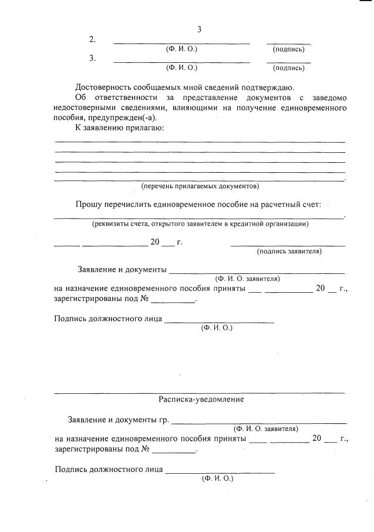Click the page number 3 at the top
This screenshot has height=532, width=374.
pos(199,29)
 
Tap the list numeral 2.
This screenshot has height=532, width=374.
pos(92,39)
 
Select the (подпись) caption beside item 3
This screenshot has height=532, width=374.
pos(288,68)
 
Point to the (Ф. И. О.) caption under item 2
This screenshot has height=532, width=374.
pos(182,49)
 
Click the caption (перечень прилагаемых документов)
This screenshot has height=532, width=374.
pos(200,186)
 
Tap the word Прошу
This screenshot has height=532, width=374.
pos(88,205)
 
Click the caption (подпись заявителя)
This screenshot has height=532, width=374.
pos(289,252)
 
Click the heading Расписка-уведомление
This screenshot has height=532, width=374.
pos(201,399)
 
